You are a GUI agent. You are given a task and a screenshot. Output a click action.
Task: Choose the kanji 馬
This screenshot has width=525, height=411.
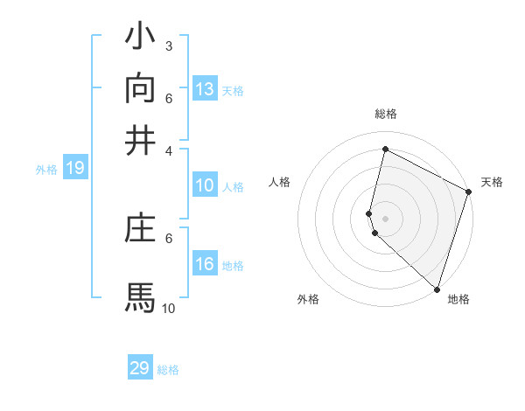(x=140, y=296)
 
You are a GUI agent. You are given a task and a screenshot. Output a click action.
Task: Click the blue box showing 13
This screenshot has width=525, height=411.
(x=204, y=89)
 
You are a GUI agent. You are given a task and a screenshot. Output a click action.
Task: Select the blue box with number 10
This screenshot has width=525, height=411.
(x=204, y=185)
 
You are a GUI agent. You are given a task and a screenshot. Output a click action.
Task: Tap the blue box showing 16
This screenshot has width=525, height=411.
(x=204, y=264)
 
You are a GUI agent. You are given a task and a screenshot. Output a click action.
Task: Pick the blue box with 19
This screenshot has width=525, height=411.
(x=74, y=169)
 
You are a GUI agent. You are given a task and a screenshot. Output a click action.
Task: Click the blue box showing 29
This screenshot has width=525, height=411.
(x=140, y=368)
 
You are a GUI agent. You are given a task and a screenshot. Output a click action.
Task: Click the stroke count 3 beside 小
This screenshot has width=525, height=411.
(x=169, y=45)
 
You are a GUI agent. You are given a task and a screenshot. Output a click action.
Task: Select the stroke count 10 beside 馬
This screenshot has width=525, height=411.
(x=168, y=308)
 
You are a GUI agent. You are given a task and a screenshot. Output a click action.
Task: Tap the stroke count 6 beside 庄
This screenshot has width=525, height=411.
(x=169, y=237)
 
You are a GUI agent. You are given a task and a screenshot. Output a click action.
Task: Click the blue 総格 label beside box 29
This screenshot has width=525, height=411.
(x=168, y=370)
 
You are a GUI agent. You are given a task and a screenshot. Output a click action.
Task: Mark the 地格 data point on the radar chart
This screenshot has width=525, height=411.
(x=437, y=289)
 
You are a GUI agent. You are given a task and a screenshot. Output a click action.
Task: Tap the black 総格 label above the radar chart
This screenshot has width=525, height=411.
(x=385, y=114)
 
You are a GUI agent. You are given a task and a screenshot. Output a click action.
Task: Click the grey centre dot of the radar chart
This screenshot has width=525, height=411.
(x=385, y=218)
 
